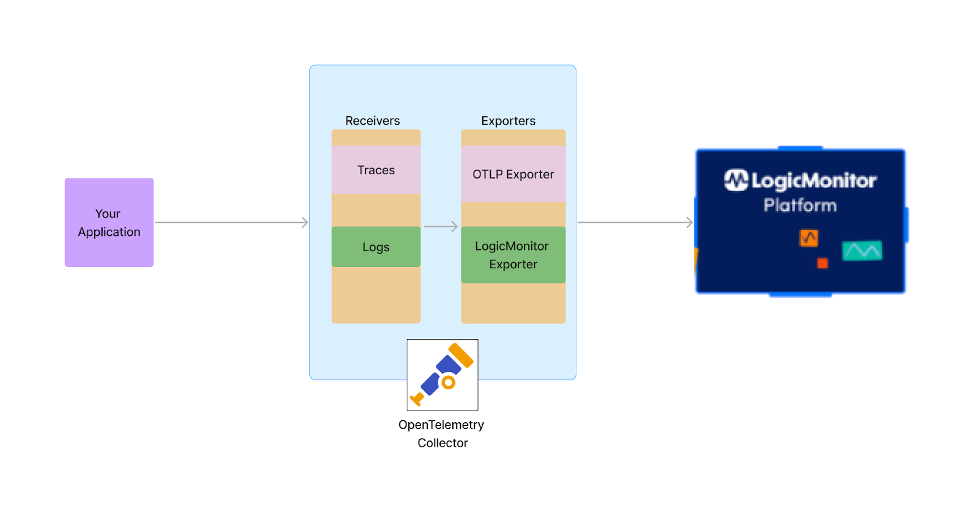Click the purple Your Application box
point(109,222)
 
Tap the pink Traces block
point(376,170)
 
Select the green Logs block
point(376,247)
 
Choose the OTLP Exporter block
point(513,174)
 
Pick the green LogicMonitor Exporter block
point(513,255)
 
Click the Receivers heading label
point(372,121)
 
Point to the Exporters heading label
point(508,121)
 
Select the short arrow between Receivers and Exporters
point(440,227)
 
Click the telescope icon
point(443,375)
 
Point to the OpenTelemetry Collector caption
point(442,433)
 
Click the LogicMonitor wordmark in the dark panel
point(813,180)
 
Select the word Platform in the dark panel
point(800,205)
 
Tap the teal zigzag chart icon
point(862,250)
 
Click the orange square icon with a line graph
point(809,238)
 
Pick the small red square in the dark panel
point(823,263)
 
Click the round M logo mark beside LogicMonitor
point(736,180)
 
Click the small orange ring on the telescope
point(449,382)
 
